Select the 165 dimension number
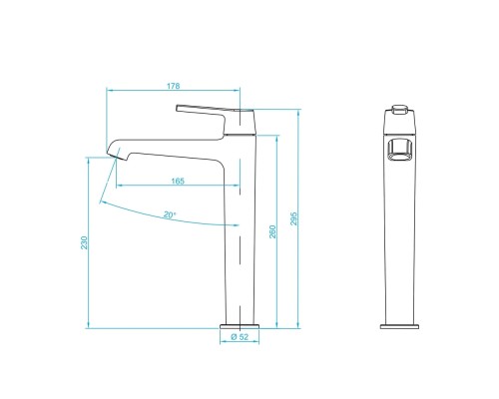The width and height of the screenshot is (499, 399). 177,181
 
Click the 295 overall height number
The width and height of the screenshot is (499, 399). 295,218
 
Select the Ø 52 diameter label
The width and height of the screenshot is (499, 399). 240,337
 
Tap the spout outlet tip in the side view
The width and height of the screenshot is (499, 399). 113,153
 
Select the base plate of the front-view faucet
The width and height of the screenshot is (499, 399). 402,324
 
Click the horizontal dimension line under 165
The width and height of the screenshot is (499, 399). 177,187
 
